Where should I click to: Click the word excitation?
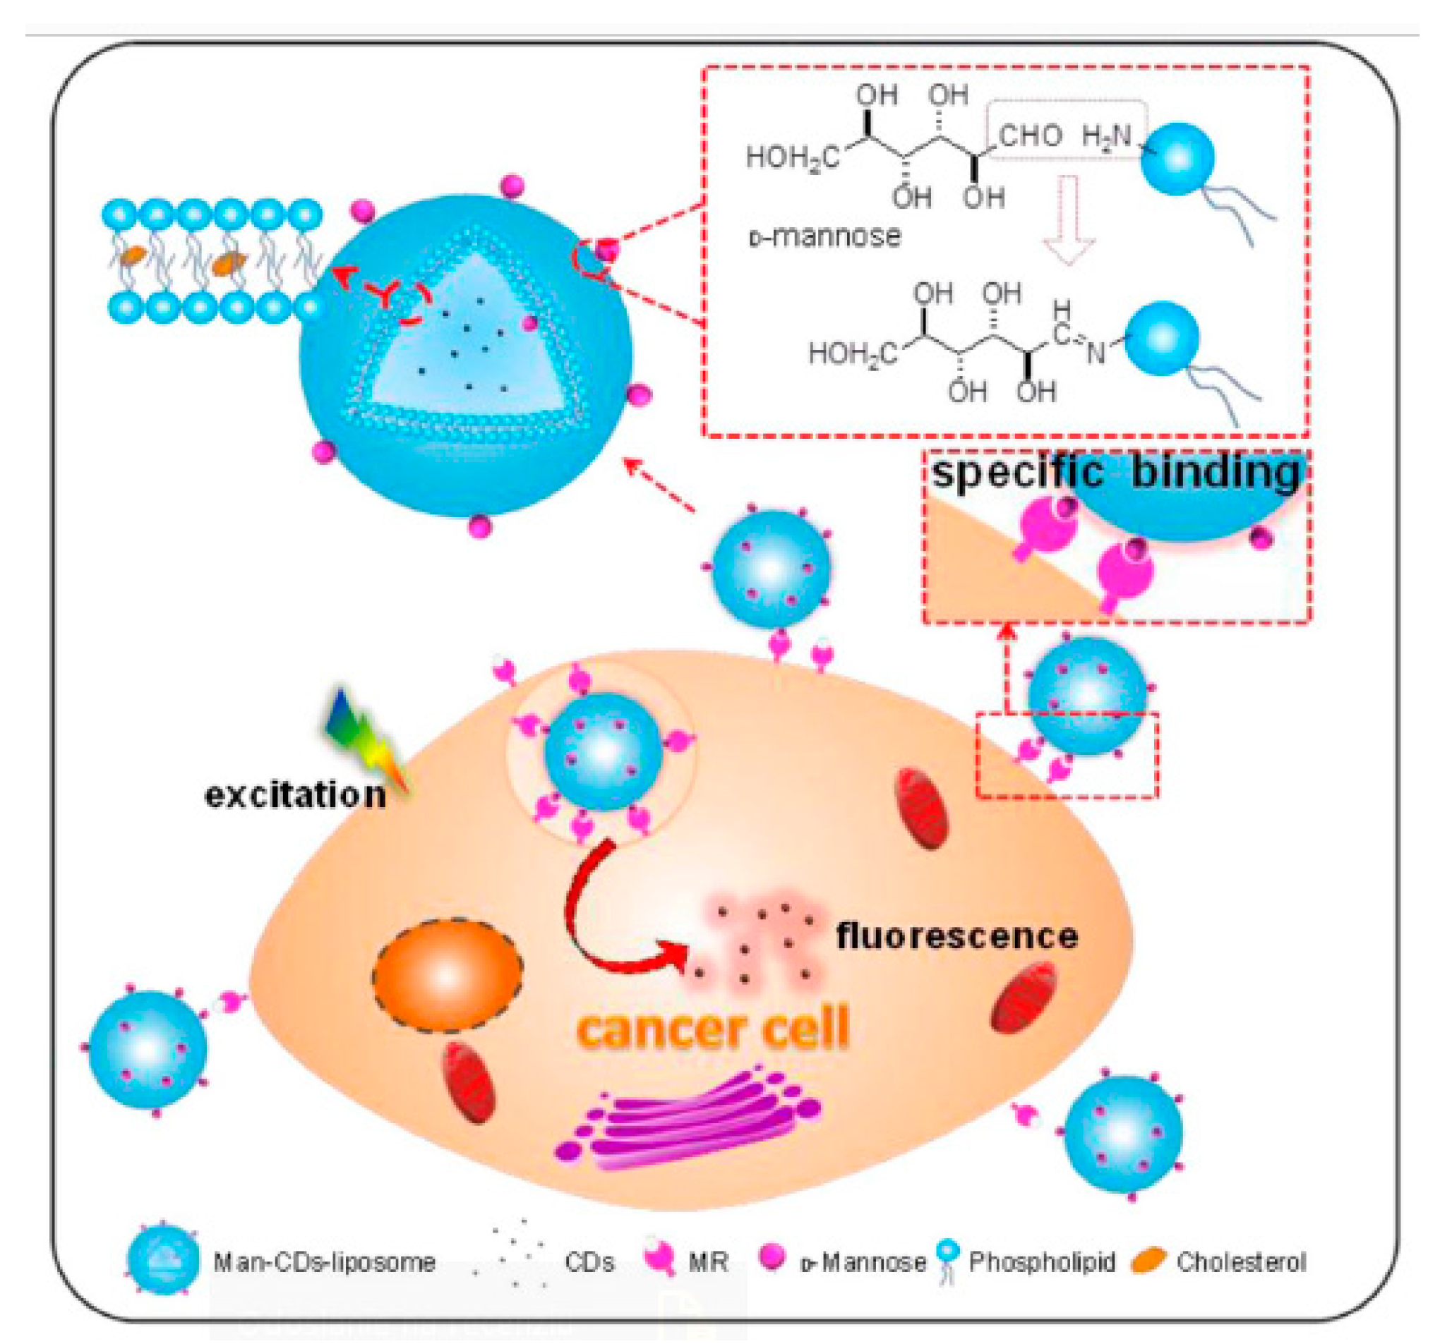(295, 795)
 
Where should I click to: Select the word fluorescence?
(957, 936)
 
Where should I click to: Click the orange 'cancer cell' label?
(714, 1029)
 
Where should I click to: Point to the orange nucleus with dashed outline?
(447, 975)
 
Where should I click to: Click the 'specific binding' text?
(1115, 472)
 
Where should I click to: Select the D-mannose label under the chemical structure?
(825, 237)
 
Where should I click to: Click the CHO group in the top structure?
(1031, 136)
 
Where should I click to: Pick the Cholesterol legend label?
(1241, 1262)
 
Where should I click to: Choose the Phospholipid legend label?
(1042, 1262)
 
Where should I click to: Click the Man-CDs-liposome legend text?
(324, 1262)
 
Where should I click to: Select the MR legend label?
(708, 1262)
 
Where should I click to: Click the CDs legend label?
(589, 1262)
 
